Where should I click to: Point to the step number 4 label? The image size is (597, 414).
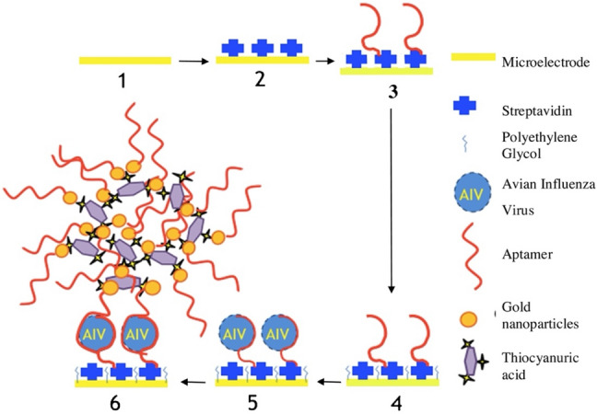(393, 402)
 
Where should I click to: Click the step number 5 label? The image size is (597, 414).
(260, 402)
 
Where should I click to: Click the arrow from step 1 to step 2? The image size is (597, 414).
(193, 62)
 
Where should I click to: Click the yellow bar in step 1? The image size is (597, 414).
(124, 61)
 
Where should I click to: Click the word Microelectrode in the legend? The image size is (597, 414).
(544, 62)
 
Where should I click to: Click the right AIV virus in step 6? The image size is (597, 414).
(138, 332)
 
